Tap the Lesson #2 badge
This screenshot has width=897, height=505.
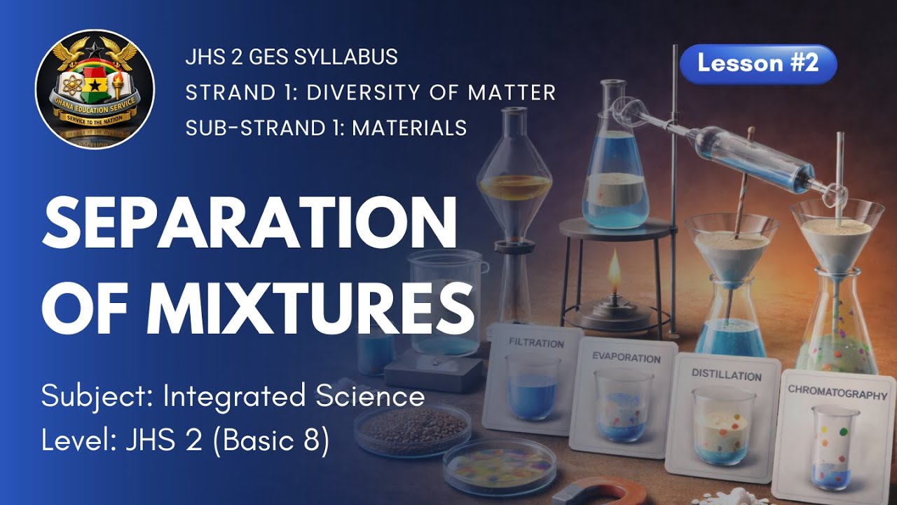click(x=758, y=64)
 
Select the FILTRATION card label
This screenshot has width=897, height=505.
click(x=536, y=344)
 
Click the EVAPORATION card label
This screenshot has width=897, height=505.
click(x=626, y=358)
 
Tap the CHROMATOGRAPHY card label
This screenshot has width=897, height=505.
click(x=837, y=393)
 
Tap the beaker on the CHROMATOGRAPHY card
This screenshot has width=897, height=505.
click(x=835, y=446)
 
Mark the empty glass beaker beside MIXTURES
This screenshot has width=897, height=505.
click(x=446, y=302)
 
